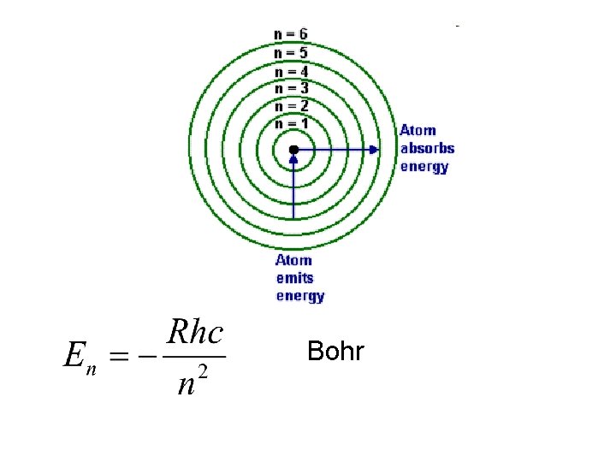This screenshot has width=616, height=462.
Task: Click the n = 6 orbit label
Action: [x=291, y=34]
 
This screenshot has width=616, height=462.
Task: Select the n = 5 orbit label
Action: [x=291, y=51]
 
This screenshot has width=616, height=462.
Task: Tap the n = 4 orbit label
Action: [x=291, y=70]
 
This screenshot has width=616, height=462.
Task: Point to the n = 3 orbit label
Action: [x=291, y=87]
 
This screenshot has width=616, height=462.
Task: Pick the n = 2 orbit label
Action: [x=291, y=105]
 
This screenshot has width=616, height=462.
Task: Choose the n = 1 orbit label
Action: [x=291, y=123]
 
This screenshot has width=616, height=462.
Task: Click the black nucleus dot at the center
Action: [x=293, y=150]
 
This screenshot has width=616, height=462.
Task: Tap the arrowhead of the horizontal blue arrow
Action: [x=375, y=150]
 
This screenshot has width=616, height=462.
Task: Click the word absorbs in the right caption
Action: [x=427, y=148]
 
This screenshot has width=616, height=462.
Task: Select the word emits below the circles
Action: [x=294, y=278]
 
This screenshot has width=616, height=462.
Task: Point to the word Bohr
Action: [x=335, y=352]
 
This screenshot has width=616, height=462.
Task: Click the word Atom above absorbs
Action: [x=418, y=131]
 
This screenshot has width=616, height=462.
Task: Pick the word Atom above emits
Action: [x=293, y=260]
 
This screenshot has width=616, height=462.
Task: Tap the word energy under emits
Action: [x=299, y=296]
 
